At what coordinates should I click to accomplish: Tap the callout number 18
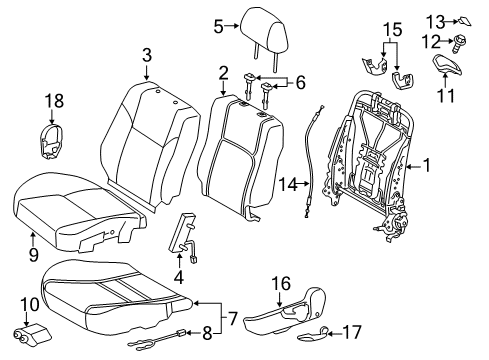pos(54,101)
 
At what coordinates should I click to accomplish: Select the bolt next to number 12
pos(459,43)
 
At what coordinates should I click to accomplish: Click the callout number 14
pos(288,184)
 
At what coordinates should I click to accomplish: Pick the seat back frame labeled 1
pos(368,163)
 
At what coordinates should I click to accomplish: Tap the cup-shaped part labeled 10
pos(31,334)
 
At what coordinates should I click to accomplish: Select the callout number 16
pos(281,284)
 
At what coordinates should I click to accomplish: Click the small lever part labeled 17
pos(313,336)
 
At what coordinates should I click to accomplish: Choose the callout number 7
pos(232,319)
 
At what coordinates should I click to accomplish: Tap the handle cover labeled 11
pos(447,64)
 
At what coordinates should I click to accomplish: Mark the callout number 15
pos(393,30)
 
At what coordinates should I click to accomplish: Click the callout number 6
pos(300,83)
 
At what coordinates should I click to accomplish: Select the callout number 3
pos(147,55)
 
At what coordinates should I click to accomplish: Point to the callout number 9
pos(33,255)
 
